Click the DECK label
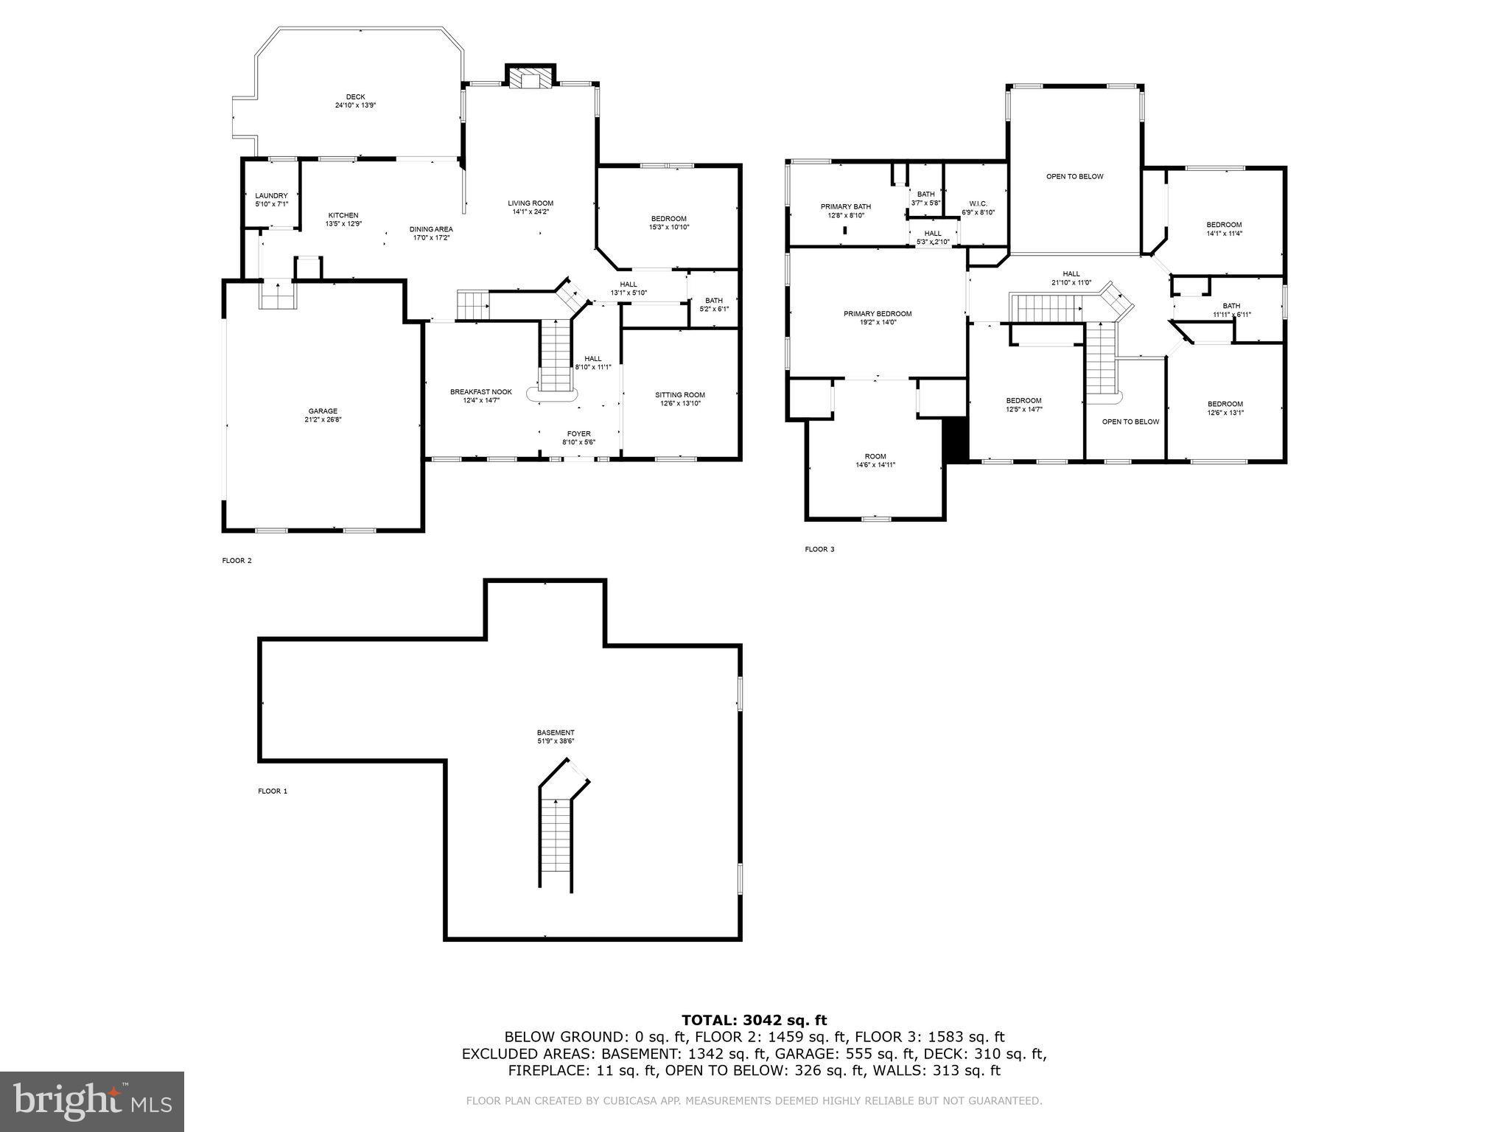(356, 97)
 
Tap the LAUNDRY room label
(271, 195)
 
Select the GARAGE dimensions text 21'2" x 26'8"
(323, 420)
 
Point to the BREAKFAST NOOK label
(480, 392)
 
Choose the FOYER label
(578, 433)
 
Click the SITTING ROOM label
(680, 395)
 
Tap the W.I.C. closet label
(978, 203)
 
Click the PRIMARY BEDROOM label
(878, 314)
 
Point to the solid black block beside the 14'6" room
(956, 439)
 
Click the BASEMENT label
(556, 733)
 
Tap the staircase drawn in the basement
(556, 840)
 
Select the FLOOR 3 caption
(819, 549)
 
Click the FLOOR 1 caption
(273, 791)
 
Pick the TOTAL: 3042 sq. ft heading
(754, 1020)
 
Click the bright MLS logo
(92, 1102)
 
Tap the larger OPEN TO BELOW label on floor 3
(1075, 177)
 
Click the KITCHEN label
(343, 215)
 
